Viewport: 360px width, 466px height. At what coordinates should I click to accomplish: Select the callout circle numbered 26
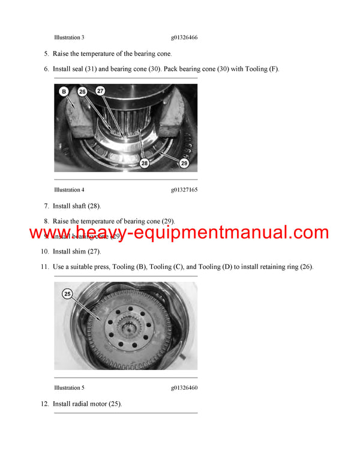[x=82, y=92]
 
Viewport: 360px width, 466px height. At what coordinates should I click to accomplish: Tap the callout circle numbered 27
[x=100, y=91]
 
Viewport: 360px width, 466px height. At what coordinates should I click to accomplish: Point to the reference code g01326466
[x=184, y=37]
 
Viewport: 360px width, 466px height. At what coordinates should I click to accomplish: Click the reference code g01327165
[x=184, y=190]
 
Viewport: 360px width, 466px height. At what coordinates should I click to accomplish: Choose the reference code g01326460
[x=184, y=387]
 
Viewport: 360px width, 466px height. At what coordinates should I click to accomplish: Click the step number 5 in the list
[x=46, y=54]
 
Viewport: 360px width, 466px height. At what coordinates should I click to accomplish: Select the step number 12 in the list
[x=44, y=404]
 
